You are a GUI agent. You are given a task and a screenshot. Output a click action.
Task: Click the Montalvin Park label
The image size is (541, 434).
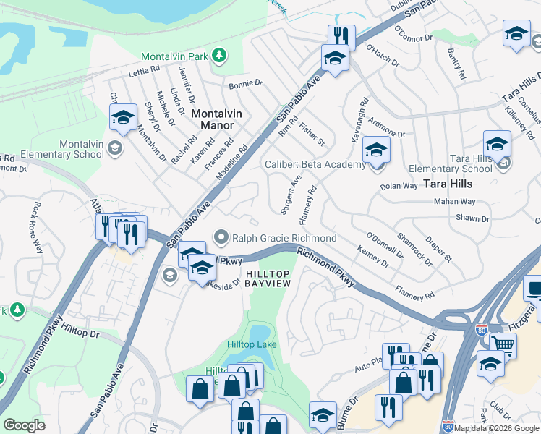[x=174, y=56]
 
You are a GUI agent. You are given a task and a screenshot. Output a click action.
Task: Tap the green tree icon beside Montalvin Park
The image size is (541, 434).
[x=218, y=56]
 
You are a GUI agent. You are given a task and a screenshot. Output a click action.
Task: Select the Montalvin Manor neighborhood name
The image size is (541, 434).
[x=213, y=119]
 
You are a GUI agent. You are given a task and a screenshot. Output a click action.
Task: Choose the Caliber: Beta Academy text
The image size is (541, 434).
[x=315, y=165]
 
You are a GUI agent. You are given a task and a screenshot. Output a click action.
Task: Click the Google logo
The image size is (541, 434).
[x=24, y=425]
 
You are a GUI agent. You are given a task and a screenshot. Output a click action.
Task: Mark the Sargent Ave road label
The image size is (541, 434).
[x=291, y=193]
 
